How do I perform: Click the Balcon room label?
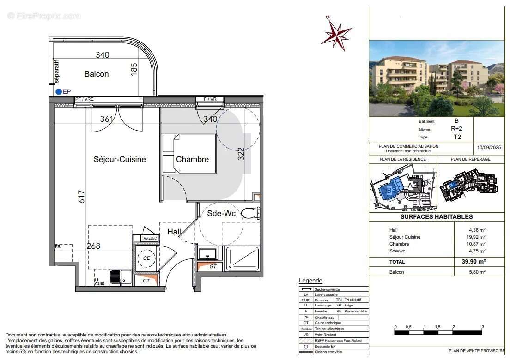(x=97, y=74)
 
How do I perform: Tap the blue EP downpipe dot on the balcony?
(x=59, y=92)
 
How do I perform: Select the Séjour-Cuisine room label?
(x=120, y=159)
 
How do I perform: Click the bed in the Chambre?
(x=189, y=154)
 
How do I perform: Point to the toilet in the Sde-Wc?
(x=250, y=213)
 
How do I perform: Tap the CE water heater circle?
(x=146, y=258)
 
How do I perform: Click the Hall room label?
(x=174, y=232)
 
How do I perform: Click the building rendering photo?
(x=436, y=78)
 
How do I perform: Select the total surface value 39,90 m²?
(x=475, y=261)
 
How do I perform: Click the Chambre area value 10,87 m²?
(x=477, y=244)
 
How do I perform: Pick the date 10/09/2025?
(x=489, y=148)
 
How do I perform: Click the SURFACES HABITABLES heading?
(x=436, y=216)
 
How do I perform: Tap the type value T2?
(x=456, y=137)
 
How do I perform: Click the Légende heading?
(x=310, y=281)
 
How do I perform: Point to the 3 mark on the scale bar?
(x=482, y=327)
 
